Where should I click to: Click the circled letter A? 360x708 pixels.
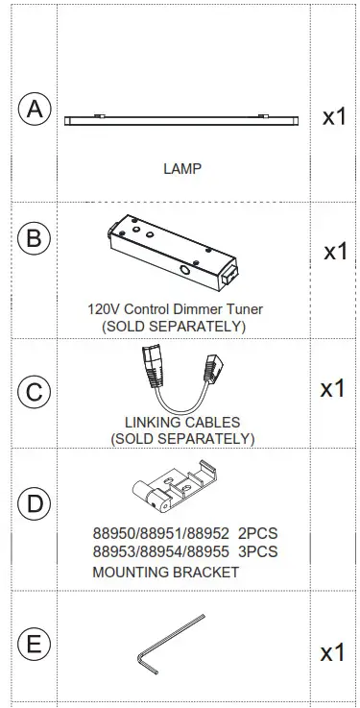pyautogui.click(x=35, y=110)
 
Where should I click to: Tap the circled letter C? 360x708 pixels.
pyautogui.click(x=35, y=392)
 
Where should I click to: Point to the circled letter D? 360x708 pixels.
pyautogui.click(x=35, y=503)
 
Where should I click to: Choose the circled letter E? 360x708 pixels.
pyautogui.click(x=35, y=645)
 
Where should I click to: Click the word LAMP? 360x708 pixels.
pyautogui.click(x=182, y=168)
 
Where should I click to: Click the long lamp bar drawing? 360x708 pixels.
pyautogui.click(x=182, y=119)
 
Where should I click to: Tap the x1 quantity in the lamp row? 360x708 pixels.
pyautogui.click(x=333, y=117)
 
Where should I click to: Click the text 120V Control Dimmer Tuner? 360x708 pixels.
pyautogui.click(x=174, y=309)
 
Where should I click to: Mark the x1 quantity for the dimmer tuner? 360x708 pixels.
pyautogui.click(x=335, y=252)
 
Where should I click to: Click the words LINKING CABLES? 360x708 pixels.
pyautogui.click(x=182, y=423)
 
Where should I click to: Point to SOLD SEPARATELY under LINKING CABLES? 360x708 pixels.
pyautogui.click(x=182, y=439)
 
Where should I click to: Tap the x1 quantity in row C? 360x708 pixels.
pyautogui.click(x=332, y=389)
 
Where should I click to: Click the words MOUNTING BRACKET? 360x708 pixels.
pyautogui.click(x=166, y=572)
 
